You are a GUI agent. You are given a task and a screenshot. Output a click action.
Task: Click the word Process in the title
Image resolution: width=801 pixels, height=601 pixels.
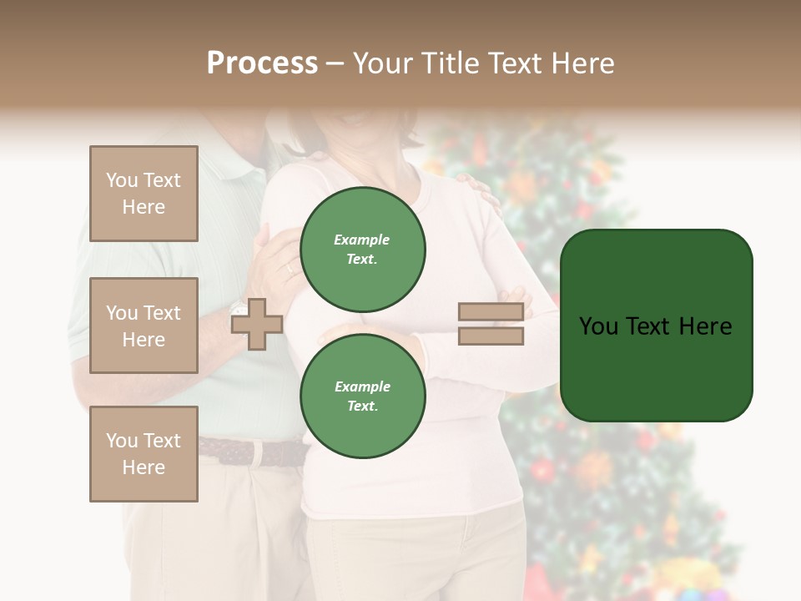pyautogui.click(x=262, y=63)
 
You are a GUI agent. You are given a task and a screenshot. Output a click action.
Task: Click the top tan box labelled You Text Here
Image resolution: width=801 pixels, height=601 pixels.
pyautogui.click(x=144, y=194)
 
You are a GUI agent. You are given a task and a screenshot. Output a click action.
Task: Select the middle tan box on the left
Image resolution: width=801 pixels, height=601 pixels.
pyautogui.click(x=144, y=326)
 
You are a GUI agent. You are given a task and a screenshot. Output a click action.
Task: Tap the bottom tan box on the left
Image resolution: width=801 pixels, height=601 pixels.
pyautogui.click(x=144, y=454)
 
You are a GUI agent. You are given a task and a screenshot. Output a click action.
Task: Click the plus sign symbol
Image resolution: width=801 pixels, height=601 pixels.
pyautogui.click(x=256, y=324)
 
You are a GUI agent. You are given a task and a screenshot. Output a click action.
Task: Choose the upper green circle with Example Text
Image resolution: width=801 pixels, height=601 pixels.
pyautogui.click(x=362, y=250)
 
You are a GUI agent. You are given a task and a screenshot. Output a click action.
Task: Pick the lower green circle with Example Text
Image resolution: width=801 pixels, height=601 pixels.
pyautogui.click(x=362, y=396)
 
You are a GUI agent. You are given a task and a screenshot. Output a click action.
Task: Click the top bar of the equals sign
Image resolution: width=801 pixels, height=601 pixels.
pyautogui.click(x=491, y=312)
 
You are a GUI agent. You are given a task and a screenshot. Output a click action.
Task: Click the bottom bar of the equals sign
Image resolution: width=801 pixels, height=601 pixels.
pyautogui.click(x=491, y=336)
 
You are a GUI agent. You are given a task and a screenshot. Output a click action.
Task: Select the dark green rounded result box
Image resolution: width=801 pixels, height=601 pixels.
pyautogui.click(x=656, y=326)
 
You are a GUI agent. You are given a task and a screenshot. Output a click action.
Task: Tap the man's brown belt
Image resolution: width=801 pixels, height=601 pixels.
pyautogui.click(x=250, y=452)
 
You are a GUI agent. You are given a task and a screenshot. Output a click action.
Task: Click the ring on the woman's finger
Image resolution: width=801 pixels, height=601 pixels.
pyautogui.click(x=290, y=268)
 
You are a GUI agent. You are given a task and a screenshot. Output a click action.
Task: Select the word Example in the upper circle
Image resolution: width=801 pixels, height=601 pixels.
pyautogui.click(x=361, y=240)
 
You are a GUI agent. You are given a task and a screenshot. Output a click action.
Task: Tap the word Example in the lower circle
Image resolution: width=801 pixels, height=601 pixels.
pyautogui.click(x=362, y=386)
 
